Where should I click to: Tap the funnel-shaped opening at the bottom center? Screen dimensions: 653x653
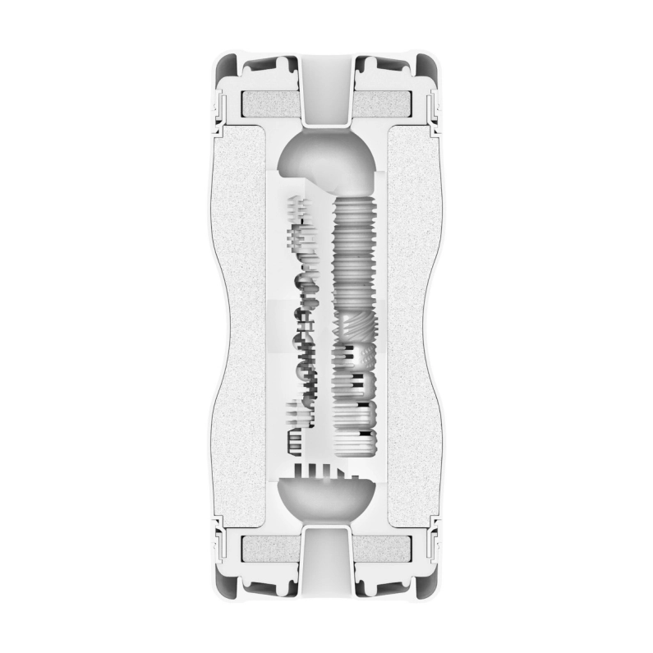327,567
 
